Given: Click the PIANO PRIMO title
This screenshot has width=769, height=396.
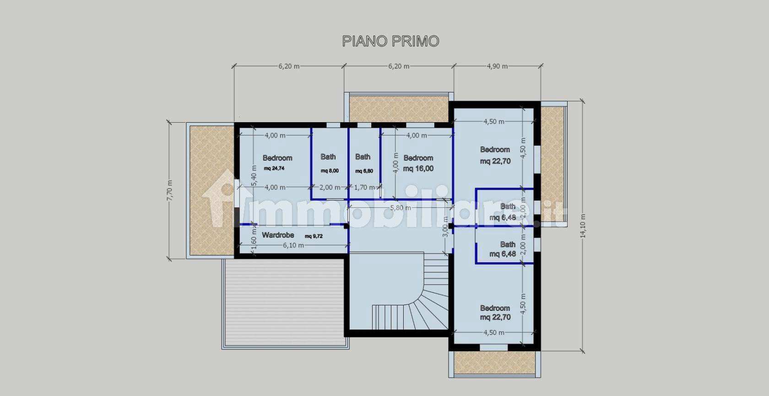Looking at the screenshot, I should point(390,41).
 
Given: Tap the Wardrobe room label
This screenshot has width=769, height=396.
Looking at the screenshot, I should point(278,235).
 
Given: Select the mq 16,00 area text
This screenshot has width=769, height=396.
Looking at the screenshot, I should point(418,168).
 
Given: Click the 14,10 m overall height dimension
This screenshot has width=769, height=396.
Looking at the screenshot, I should point(583,226).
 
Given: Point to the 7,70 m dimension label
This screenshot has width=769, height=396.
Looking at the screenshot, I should point(169,190).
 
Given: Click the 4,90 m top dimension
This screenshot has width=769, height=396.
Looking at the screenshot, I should point(497,66).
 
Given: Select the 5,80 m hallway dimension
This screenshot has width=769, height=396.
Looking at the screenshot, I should point(400,208).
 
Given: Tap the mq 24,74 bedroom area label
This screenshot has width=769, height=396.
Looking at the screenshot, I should point(274,168).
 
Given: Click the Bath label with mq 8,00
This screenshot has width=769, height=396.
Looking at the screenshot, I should point(328,157).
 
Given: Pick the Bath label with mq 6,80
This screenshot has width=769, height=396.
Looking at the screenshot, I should point(363,157).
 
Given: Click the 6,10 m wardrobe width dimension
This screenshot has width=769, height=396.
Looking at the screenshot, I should point(293,245).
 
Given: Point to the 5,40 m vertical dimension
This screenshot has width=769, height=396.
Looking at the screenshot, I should point(255,175).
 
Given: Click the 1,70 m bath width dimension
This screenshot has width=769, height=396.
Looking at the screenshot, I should point(364,187).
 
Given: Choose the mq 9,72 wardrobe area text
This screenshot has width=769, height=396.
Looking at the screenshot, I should point(314,236).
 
